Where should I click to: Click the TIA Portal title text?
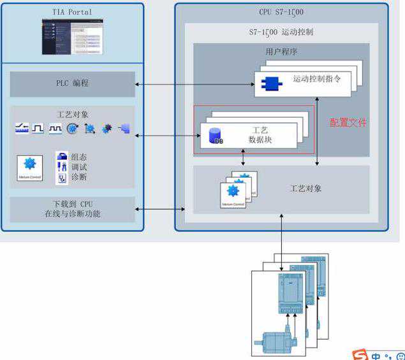tap(71, 11)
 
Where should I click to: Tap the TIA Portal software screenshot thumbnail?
tap(72, 36)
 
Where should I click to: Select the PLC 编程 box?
tap(72, 83)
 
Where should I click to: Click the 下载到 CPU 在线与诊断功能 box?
tap(72, 209)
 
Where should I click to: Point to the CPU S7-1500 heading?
tap(281, 11)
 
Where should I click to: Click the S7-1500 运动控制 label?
tap(281, 31)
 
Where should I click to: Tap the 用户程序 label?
tap(281, 51)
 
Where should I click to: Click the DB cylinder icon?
tap(215, 136)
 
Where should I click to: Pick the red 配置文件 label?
tap(348, 122)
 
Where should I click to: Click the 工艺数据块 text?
tap(260, 135)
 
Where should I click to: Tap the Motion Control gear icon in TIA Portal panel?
tap(29, 166)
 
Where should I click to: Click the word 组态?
tap(79, 156)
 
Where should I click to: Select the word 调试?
tap(79, 166)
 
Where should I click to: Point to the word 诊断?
tap(79, 176)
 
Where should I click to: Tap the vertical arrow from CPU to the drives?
tap(281, 235)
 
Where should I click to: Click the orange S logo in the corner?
tap(361, 354)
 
